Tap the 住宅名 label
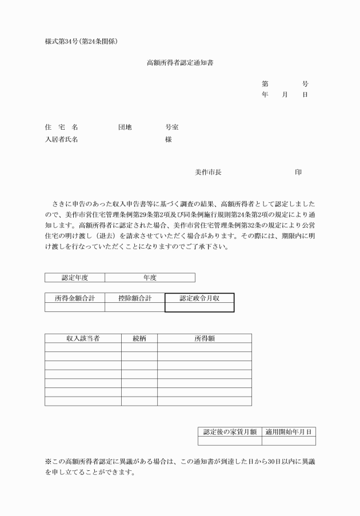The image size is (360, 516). pyautogui.click(x=61, y=127)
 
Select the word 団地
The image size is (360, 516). pyautogui.click(x=125, y=127)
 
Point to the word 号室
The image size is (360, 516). pyautogui.click(x=171, y=127)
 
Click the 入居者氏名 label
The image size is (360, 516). pyautogui.click(x=61, y=139)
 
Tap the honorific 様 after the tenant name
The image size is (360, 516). pyautogui.click(x=169, y=139)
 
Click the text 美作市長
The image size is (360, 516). pyautogui.click(x=208, y=172)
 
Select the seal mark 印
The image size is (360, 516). pyautogui.click(x=298, y=172)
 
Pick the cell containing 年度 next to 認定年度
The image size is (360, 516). pyautogui.click(x=150, y=278)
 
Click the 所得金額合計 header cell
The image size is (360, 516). pyautogui.click(x=75, y=298)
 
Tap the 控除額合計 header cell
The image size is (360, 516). pyautogui.click(x=134, y=298)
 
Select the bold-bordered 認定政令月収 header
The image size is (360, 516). pyautogui.click(x=199, y=298)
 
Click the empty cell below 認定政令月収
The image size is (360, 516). pyautogui.click(x=199, y=307)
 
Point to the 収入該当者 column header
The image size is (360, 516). pyautogui.click(x=83, y=338)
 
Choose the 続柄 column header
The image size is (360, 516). pyautogui.click(x=139, y=338)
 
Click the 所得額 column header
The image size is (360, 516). pyautogui.click(x=204, y=338)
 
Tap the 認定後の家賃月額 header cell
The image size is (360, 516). pyautogui.click(x=230, y=431)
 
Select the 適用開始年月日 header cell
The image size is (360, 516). pyautogui.click(x=289, y=431)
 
